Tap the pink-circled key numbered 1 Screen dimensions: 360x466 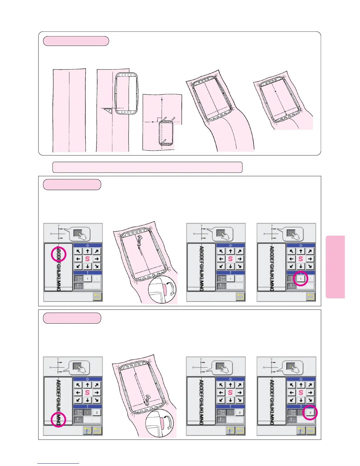301,278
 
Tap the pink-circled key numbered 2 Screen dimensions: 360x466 310,412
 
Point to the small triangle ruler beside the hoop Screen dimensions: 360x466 108,111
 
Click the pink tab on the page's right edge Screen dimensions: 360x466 335,267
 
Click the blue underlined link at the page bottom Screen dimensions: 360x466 58,463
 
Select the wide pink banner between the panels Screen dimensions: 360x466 147,167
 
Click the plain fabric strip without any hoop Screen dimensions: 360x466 69,111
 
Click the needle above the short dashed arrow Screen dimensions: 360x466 139,240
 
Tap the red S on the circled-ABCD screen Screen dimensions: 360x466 87,259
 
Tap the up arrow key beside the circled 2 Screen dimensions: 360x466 301,385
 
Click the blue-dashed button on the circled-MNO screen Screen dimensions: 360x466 87,431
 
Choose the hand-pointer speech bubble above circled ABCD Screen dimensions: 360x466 80,234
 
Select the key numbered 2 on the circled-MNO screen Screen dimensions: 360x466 97,412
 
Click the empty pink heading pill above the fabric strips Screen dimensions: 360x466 76,41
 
